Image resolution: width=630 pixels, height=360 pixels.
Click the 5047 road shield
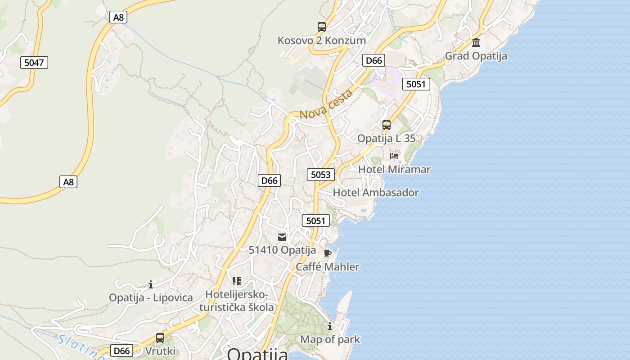coord(34,63)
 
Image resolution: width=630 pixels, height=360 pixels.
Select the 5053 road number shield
coord(320,175)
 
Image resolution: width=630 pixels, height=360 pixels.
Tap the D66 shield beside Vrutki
coord(121,351)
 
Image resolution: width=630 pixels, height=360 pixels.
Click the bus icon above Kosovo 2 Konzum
coord(321,27)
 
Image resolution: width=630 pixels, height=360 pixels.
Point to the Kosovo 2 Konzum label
coord(321,40)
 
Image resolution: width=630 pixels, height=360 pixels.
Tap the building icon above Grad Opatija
coord(476,43)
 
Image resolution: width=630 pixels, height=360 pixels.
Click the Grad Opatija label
coord(476,56)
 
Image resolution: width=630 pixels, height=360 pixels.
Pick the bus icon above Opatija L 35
coord(386,125)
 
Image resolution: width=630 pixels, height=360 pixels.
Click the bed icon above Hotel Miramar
coord(394,156)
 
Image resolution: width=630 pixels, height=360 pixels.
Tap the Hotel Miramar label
coord(394,170)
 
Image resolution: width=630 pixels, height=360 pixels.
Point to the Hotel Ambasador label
coord(376,193)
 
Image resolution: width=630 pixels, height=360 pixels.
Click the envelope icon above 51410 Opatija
coord(282,237)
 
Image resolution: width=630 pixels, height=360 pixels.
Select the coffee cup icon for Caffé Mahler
coord(328,253)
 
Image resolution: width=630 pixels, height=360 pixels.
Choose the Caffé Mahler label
coord(328,267)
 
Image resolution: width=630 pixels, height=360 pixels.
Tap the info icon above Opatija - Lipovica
coord(151,284)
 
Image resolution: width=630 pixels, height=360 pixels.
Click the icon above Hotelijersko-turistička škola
coord(237,281)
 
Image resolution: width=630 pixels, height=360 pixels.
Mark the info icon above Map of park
coord(330,326)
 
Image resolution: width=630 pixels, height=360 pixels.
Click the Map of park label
coord(330,340)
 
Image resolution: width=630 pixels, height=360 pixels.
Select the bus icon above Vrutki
coord(160,337)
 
